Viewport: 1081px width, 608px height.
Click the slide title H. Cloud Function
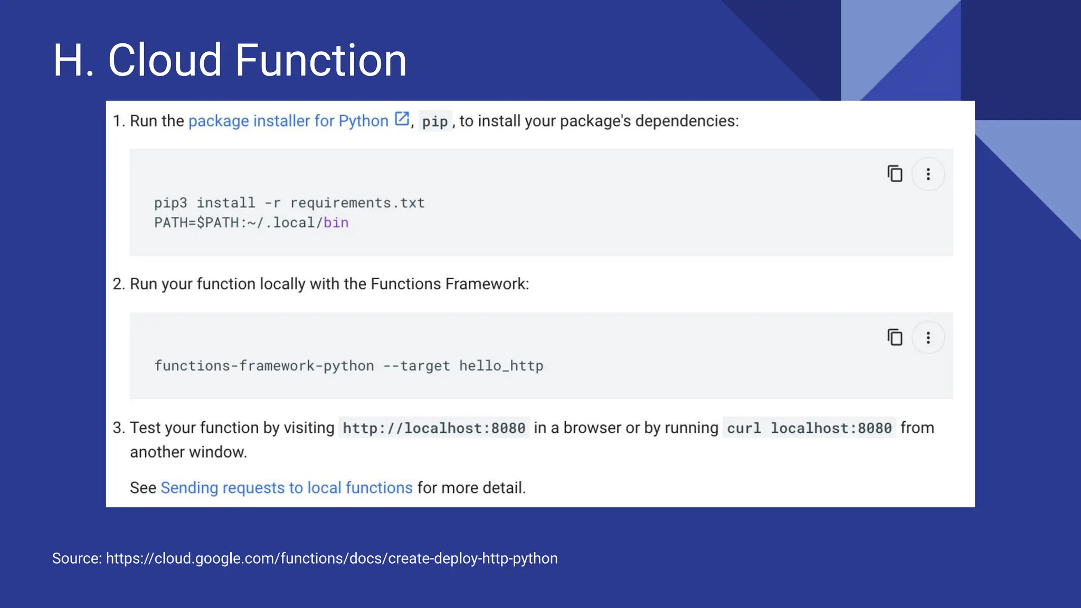[230, 60]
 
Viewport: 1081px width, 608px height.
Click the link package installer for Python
[288, 121]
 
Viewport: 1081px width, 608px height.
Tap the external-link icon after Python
[402, 119]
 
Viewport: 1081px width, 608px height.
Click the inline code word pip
[434, 122]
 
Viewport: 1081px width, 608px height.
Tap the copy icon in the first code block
[895, 174]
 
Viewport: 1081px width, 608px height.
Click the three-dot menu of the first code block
[928, 174]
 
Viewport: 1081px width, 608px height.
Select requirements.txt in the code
[357, 203]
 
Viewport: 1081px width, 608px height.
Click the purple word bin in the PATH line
[336, 223]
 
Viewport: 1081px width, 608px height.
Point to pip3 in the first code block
[170, 203]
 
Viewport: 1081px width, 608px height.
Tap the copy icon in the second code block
[895, 337]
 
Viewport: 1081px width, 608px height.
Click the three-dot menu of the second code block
[928, 338]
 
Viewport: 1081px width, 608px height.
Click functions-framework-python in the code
[264, 366]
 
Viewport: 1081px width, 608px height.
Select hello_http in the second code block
[501, 366]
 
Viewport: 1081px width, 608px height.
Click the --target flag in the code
[416, 366]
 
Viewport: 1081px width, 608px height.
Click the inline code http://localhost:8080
[434, 428]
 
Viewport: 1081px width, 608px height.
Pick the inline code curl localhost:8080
[809, 428]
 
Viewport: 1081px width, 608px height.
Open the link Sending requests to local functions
[286, 488]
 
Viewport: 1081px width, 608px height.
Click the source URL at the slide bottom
[331, 558]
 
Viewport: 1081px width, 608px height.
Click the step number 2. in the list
[118, 284]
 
